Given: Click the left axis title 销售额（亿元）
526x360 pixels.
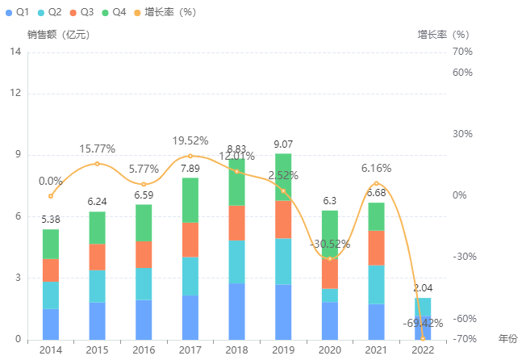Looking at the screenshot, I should [x=58, y=35].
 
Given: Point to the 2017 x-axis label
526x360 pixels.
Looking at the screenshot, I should [x=190, y=349].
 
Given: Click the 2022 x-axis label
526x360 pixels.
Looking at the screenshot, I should [x=422, y=349].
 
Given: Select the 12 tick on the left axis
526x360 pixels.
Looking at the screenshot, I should [x=15, y=94].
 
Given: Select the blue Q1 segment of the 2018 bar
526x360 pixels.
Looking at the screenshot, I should [x=236, y=311].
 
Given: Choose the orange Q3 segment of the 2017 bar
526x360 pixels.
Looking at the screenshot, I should [x=190, y=240].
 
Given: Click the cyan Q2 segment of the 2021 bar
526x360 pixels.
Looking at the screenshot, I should [x=376, y=284].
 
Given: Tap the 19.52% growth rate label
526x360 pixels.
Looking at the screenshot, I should [x=190, y=141].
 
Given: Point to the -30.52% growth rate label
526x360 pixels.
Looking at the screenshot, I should [x=330, y=244].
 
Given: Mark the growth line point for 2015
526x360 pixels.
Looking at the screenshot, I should [x=97, y=164].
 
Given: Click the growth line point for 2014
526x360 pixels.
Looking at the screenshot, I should [x=50, y=196].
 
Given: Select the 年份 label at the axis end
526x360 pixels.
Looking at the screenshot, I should [x=507, y=337].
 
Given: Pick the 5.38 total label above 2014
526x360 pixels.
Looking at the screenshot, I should [x=51, y=220].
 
